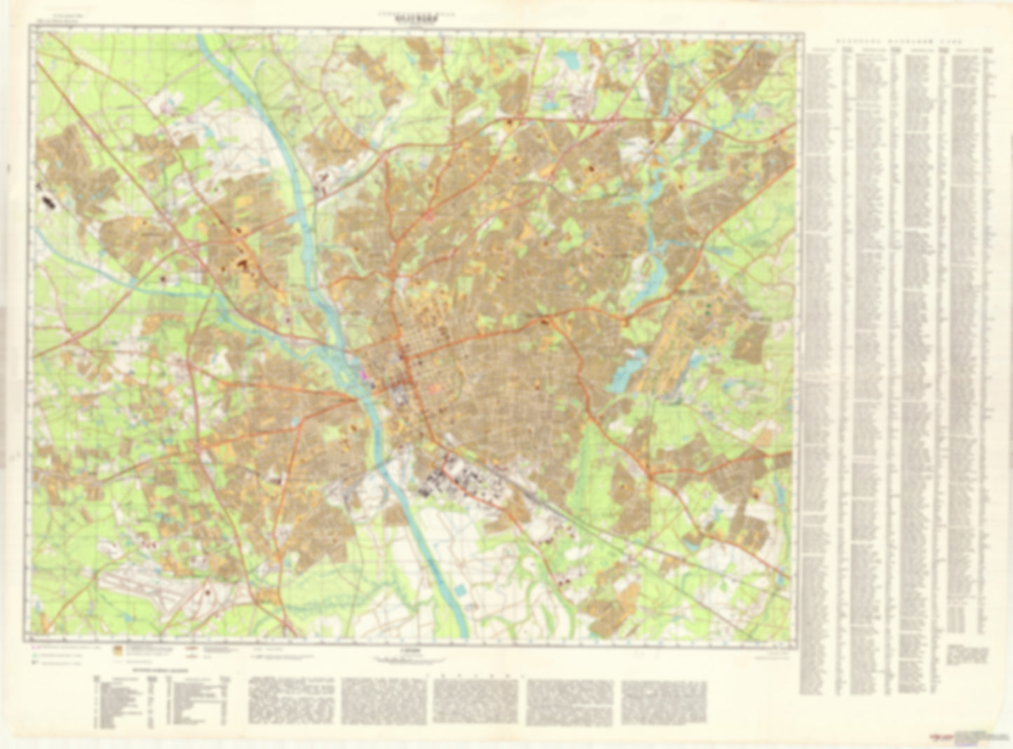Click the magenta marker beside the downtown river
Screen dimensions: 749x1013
[363, 375]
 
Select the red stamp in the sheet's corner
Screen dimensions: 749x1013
[938, 737]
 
